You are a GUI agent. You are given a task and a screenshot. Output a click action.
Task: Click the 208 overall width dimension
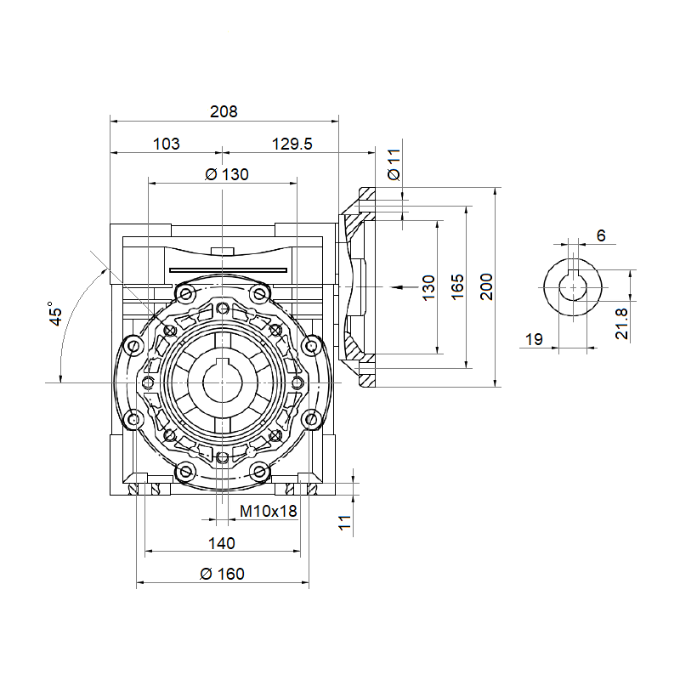tap(224, 112)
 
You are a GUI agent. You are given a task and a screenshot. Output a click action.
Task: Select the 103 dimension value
tap(166, 144)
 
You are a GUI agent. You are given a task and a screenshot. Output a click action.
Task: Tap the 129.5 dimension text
tap(292, 144)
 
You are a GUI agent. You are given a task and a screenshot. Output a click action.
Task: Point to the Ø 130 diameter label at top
tap(226, 174)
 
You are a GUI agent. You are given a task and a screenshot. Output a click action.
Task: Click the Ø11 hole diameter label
tap(394, 164)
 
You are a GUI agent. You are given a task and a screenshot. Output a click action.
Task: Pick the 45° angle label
tap(55, 314)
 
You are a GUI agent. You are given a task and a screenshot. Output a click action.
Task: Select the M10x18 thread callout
tap(268, 512)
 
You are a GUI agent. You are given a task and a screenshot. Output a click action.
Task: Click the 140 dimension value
tap(222, 543)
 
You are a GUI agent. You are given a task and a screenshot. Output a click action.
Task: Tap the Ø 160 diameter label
tap(222, 575)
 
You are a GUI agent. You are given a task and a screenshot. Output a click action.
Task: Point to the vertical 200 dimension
tap(486, 286)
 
